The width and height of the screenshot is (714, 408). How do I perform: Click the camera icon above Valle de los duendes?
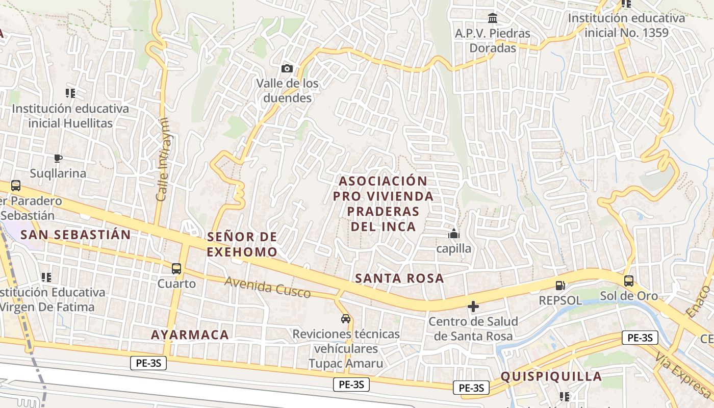pyautogui.click(x=287, y=68)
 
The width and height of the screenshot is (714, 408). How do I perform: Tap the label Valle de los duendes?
pyautogui.click(x=287, y=90)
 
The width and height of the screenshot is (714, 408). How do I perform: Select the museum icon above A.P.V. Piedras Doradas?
pyautogui.click(x=493, y=18)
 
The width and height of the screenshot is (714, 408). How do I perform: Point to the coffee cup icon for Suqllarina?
pyautogui.click(x=58, y=158)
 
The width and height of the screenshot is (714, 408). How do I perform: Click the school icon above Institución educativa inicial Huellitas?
pyautogui.click(x=70, y=93)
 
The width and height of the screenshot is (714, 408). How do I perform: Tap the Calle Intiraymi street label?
pyautogui.click(x=162, y=159)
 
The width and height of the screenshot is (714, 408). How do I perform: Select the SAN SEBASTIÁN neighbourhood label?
pyautogui.click(x=75, y=235)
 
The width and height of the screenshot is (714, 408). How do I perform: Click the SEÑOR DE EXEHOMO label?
pyautogui.click(x=242, y=244)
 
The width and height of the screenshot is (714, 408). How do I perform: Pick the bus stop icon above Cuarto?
pyautogui.click(x=176, y=268)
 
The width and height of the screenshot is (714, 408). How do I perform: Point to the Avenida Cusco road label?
pyautogui.click(x=267, y=287)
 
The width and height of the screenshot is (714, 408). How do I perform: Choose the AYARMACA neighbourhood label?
pyautogui.click(x=190, y=335)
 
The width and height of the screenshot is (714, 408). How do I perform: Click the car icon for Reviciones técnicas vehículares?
pyautogui.click(x=346, y=319)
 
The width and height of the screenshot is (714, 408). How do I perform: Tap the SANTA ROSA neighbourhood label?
pyautogui.click(x=399, y=278)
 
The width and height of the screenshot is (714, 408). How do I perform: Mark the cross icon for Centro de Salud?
pyautogui.click(x=473, y=307)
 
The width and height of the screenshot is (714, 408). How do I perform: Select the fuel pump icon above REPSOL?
pyautogui.click(x=560, y=286)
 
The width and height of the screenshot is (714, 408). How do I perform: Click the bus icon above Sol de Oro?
pyautogui.click(x=629, y=280)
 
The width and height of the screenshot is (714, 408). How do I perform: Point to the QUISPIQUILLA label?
pyautogui.click(x=551, y=376)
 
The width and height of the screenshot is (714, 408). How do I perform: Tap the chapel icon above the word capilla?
pyautogui.click(x=453, y=234)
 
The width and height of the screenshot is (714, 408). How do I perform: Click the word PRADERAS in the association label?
pyautogui.click(x=385, y=211)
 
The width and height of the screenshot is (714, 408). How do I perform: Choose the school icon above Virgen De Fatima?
pyautogui.click(x=46, y=277)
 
